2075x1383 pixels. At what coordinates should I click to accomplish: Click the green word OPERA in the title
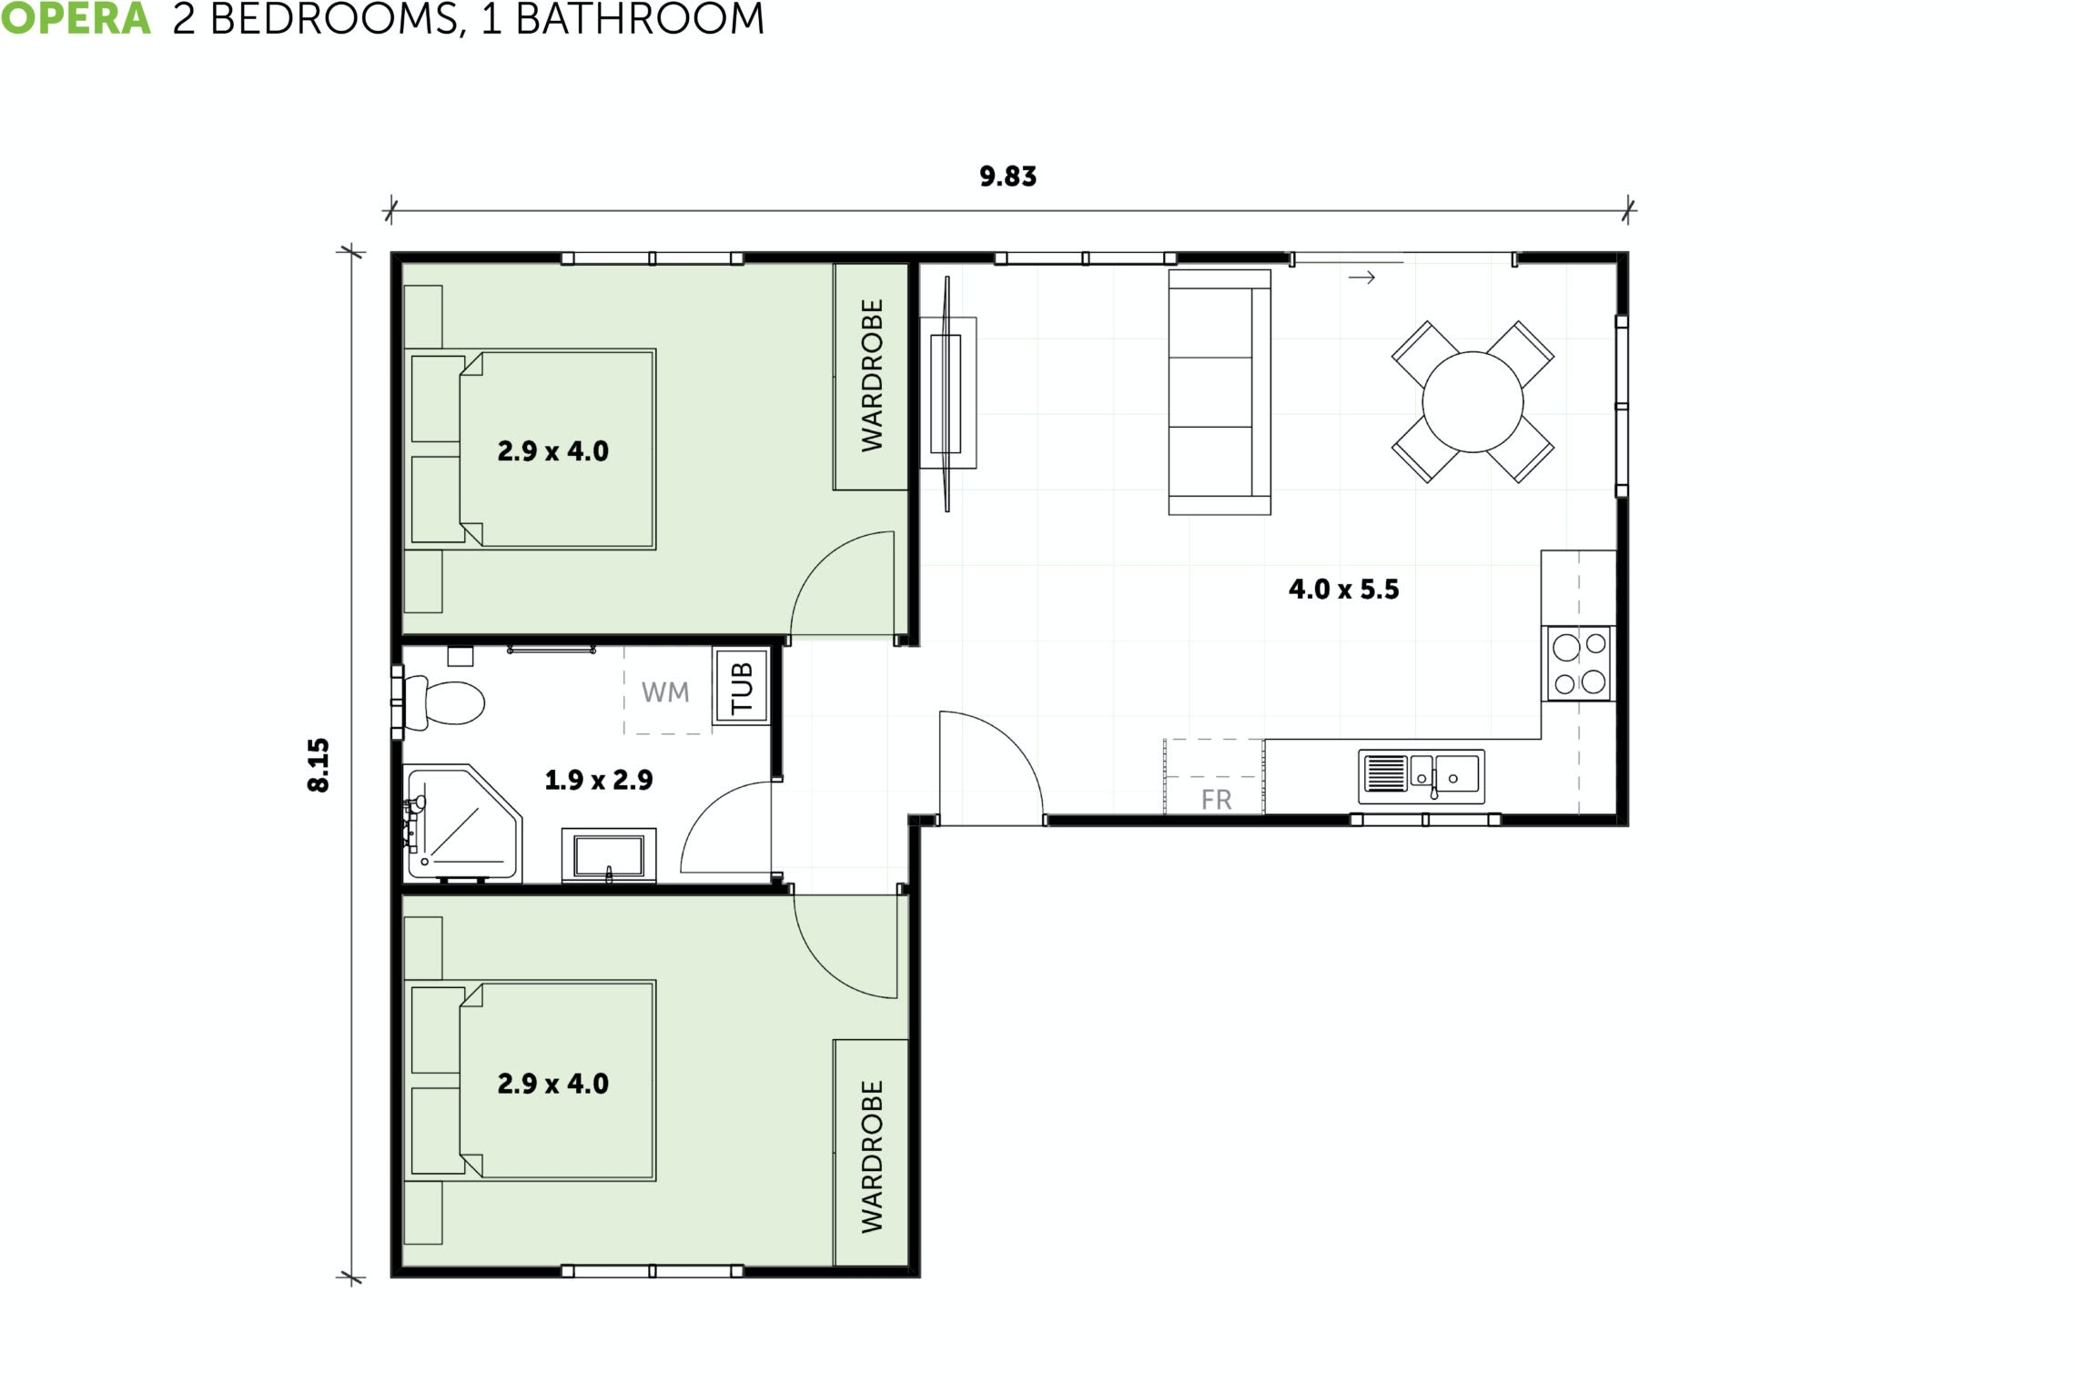coord(76,18)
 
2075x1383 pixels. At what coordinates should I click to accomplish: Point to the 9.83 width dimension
coord(1007,177)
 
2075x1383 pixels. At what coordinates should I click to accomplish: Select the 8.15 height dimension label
coord(319,764)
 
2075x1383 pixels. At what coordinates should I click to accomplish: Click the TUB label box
coord(742,687)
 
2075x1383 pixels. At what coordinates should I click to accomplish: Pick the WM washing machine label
coord(665,692)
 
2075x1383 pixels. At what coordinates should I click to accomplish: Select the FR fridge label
coord(1216,800)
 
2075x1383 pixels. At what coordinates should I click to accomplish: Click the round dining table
coord(1473,402)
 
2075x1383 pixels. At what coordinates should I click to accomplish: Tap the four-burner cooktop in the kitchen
coord(1579,663)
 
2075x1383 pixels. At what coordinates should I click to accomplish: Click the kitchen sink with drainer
coord(1421,776)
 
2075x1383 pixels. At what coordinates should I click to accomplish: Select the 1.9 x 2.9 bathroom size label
coord(598,780)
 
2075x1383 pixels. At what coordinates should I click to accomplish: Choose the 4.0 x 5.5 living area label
coord(1343,590)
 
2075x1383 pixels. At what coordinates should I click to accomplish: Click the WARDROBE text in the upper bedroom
coord(872,375)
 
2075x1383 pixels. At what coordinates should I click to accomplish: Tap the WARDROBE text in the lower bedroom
coord(872,1156)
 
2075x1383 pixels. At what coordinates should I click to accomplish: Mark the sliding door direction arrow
coord(1361,278)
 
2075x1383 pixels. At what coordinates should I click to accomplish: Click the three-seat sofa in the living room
coord(1219,392)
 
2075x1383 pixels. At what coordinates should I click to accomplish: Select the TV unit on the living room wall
coord(946,393)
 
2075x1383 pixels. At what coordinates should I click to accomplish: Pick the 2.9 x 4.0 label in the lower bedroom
coord(552,1084)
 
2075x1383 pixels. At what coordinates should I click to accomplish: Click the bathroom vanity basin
coord(608,856)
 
